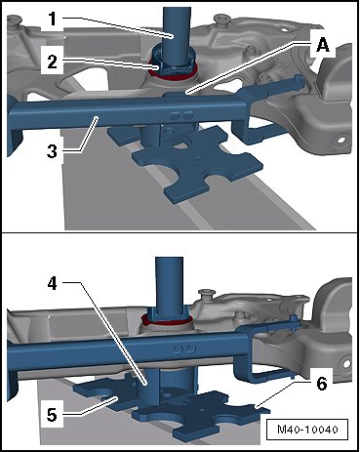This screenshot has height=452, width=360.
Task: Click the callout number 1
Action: pyautogui.click(x=52, y=20)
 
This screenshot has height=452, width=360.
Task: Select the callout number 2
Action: pyautogui.click(x=52, y=62)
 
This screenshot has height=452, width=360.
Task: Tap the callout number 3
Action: pyautogui.click(x=52, y=151)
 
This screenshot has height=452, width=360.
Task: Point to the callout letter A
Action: pyautogui.click(x=323, y=45)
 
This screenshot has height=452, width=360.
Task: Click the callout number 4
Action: pyautogui.click(x=52, y=284)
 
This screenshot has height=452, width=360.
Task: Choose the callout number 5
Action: pyautogui.click(x=52, y=415)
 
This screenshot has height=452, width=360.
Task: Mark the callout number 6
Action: pyautogui.click(x=321, y=384)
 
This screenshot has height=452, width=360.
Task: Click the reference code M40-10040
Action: pyautogui.click(x=307, y=430)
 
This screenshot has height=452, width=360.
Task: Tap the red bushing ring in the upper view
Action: pyautogui.click(x=173, y=73)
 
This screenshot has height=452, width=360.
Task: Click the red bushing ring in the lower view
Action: pyautogui.click(x=167, y=322)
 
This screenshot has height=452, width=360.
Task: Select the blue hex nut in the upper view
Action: pyautogui.click(x=173, y=62)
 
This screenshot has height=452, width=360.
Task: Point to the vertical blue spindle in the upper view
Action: pyautogui.click(x=176, y=29)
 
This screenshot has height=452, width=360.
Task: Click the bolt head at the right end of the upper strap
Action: pyautogui.click(x=300, y=82)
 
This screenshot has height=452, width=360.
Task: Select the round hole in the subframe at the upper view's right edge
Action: pyautogui.click(x=341, y=141)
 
